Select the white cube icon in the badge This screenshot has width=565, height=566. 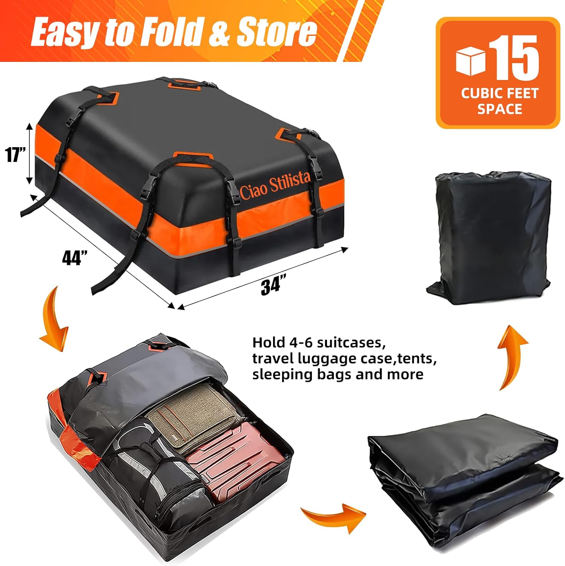[470, 61]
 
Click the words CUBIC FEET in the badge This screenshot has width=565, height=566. [499, 93]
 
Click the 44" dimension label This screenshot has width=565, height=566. [74, 258]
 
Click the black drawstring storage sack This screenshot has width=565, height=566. [490, 238]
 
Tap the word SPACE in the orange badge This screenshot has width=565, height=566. [499, 109]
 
